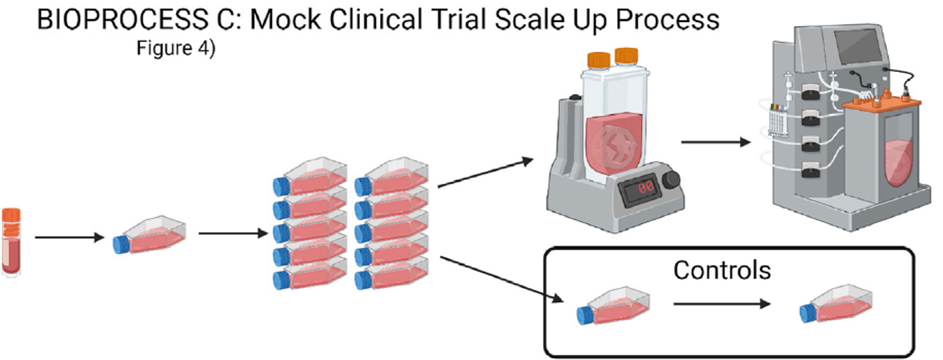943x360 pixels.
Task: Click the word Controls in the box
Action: [722, 270]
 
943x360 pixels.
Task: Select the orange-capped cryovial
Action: [11, 241]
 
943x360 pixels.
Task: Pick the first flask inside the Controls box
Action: [614, 307]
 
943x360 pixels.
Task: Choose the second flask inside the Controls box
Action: [837, 307]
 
